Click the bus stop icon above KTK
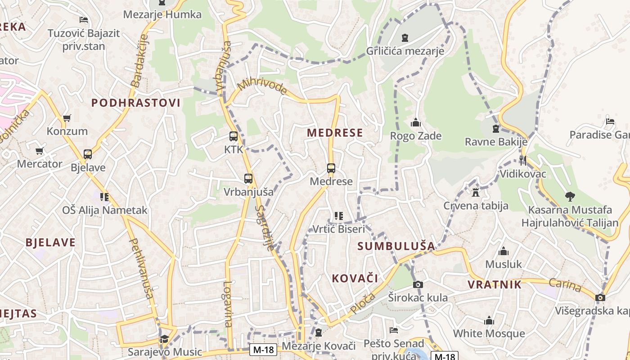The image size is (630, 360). tap(233, 136)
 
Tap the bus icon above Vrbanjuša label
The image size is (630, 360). tap(248, 178)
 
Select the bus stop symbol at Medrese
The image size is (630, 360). tap(331, 168)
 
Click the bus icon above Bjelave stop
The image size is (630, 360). tap(88, 154)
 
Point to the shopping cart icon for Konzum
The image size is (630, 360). tap(67, 118)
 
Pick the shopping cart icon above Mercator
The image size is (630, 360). tap(40, 151)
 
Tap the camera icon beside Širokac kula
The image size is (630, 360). tap(418, 284)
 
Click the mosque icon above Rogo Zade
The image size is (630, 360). tap(415, 122)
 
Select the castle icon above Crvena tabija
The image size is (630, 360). tap(475, 193)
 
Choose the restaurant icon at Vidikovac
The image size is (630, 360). tap(522, 160)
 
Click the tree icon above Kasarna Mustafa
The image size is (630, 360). tap(570, 196)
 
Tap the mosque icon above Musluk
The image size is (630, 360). tap(504, 251)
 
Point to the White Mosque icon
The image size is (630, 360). tap(489, 320)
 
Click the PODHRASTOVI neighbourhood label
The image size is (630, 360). tap(136, 103)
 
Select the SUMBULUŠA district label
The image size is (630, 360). tap(396, 246)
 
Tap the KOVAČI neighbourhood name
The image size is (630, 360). tap(355, 278)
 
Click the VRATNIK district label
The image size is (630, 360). tap(495, 284)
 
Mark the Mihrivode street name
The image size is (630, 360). tap(262, 86)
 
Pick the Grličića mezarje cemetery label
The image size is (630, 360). tap(405, 51)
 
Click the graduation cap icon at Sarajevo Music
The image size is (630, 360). tap(164, 338)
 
